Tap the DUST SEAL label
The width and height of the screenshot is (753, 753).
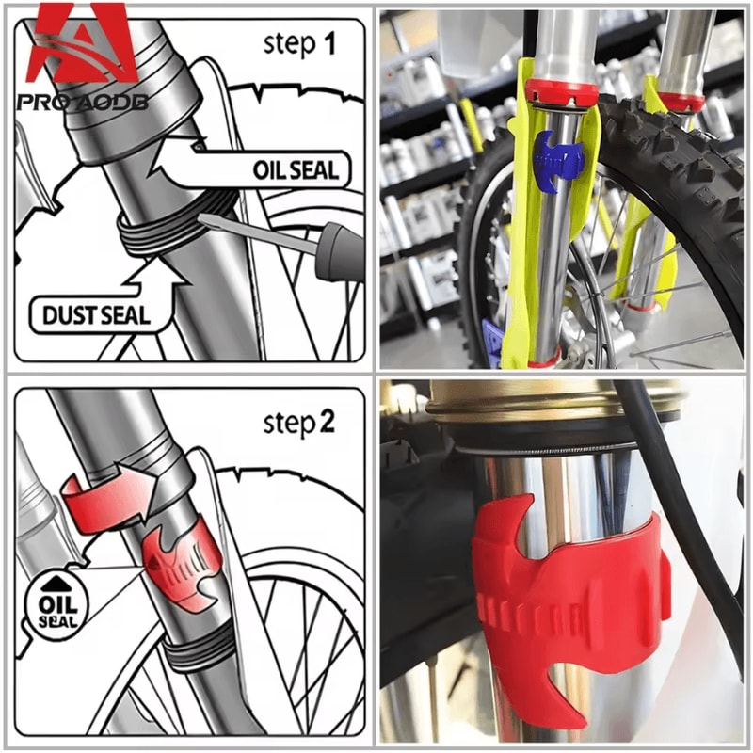95,315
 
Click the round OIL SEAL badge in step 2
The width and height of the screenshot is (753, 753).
57,606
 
